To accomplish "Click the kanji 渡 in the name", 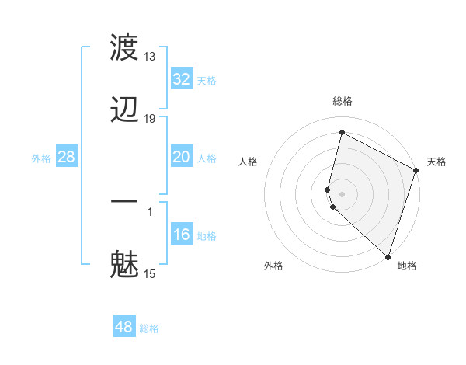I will pyautogui.click(x=124, y=47).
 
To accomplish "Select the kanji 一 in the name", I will pyautogui.click(x=124, y=201).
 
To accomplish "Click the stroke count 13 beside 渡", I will pyautogui.click(x=150, y=57).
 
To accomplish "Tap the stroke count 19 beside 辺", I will pyautogui.click(x=150, y=118).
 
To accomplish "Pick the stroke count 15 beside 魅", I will pyautogui.click(x=150, y=273).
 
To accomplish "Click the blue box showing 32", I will pyautogui.click(x=181, y=79).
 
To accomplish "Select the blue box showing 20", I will pyautogui.click(x=181, y=158).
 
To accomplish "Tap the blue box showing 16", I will pyautogui.click(x=181, y=235).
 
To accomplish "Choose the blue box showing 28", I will pyautogui.click(x=66, y=158).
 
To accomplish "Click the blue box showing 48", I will pyautogui.click(x=124, y=327).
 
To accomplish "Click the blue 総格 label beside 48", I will pyautogui.click(x=149, y=328).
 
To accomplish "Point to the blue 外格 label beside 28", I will pyautogui.click(x=41, y=158).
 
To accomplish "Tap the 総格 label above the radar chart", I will pyautogui.click(x=342, y=101).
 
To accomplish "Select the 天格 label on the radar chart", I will pyautogui.click(x=436, y=162).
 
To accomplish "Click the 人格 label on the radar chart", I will pyautogui.click(x=249, y=162).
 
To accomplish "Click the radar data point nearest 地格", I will pyautogui.click(x=388, y=257).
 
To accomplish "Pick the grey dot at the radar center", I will pyautogui.click(x=342, y=193).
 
